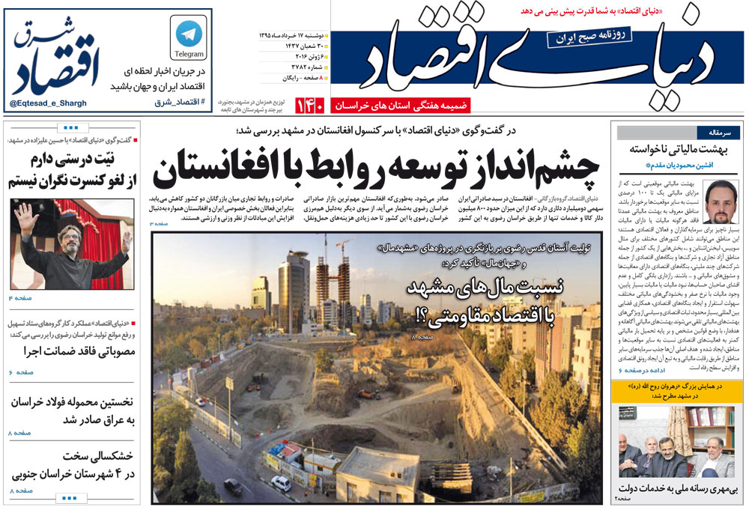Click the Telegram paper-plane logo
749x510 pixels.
[x=189, y=32]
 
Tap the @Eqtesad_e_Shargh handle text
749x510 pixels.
[x=49, y=103]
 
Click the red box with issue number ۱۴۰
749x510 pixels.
[x=309, y=106]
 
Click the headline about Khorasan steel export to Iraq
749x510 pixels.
[x=72, y=410]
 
